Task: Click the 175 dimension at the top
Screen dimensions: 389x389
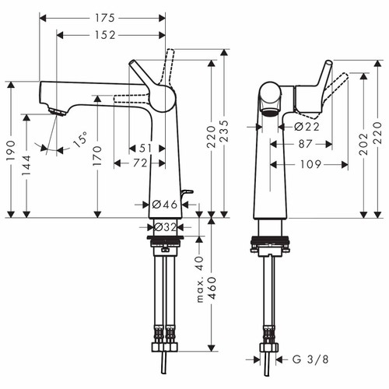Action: pos(101,17)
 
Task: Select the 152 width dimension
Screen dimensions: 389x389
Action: pos(111,34)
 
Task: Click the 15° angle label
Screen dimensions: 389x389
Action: pos(80,141)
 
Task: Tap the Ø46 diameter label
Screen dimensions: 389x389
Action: pos(164,204)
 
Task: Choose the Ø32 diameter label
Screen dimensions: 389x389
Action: pos(164,227)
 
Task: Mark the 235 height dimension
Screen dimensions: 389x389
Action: pos(226,132)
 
